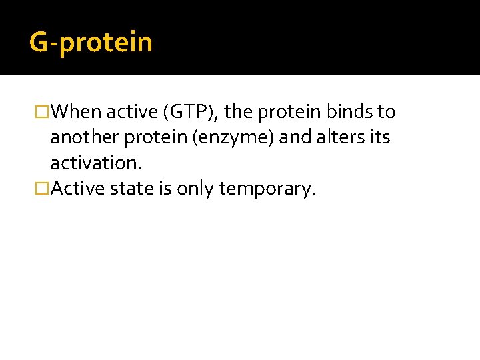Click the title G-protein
[91, 43]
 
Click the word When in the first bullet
[75, 111]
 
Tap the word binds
[350, 111]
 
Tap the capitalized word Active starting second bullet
[75, 189]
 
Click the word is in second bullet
[165, 189]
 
